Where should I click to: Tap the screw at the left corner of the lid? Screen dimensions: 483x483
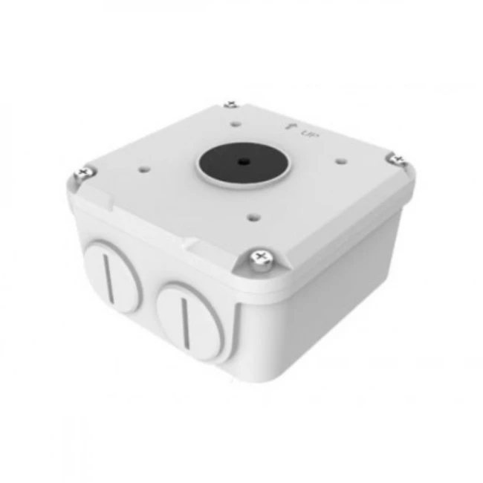click(81, 175)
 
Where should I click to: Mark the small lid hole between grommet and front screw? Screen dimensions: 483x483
click(251, 217)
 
